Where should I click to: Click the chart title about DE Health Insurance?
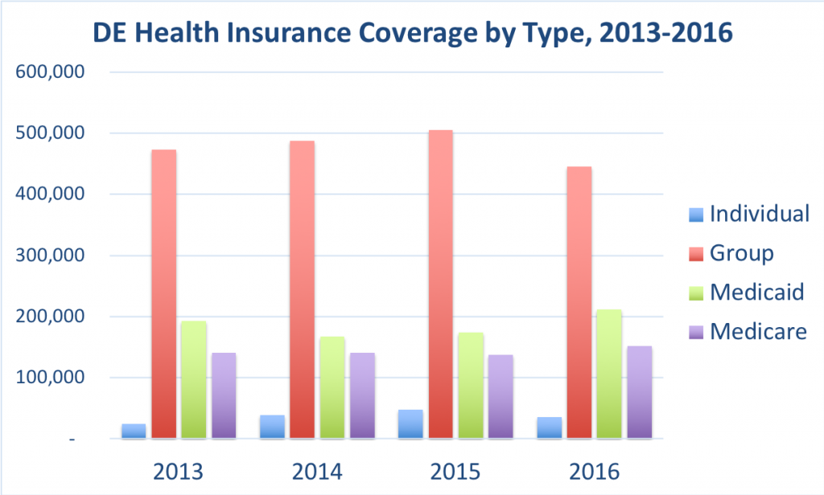(x=412, y=34)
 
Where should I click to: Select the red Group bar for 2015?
(x=440, y=284)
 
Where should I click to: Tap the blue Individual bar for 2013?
(x=134, y=431)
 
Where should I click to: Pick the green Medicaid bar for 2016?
(x=609, y=374)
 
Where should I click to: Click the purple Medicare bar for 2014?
(x=362, y=395)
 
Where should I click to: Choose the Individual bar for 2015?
(x=410, y=424)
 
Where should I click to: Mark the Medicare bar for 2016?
(x=640, y=392)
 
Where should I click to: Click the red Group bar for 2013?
(x=163, y=294)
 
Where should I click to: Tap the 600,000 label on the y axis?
(x=50, y=72)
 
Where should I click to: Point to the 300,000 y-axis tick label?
(x=50, y=256)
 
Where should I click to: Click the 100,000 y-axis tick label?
(x=50, y=378)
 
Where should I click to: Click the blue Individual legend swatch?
(x=696, y=215)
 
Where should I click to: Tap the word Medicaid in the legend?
(x=756, y=292)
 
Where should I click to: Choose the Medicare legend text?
(x=758, y=330)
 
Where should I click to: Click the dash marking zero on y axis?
(x=72, y=440)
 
